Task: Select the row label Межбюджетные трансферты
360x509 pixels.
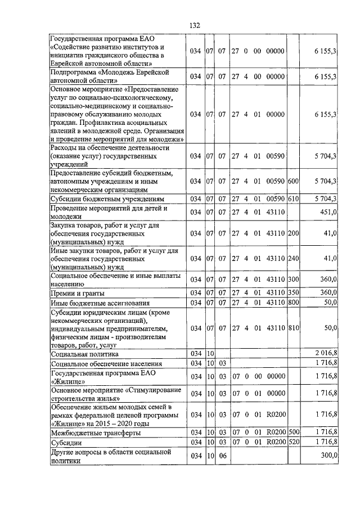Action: click(96, 433)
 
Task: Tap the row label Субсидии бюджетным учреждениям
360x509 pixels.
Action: click(107, 199)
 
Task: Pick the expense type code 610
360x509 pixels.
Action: click(293, 199)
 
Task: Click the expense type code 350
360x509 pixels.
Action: click(293, 294)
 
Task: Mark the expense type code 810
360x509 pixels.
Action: click(293, 327)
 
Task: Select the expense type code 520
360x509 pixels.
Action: click(293, 443)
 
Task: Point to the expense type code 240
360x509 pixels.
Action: click(293, 259)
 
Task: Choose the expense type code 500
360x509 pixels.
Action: click(293, 433)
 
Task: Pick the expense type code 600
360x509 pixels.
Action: click(293, 181)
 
